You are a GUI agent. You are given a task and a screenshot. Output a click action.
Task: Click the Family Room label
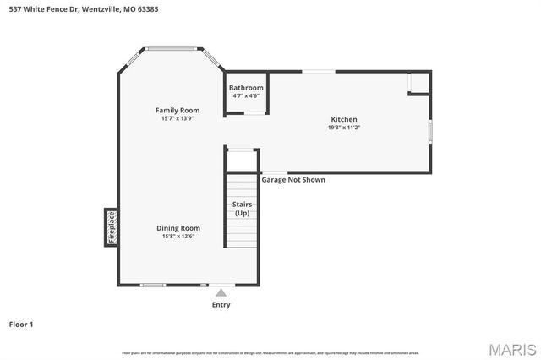tap(178, 110)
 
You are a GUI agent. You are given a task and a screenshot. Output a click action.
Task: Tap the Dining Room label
tap(178, 227)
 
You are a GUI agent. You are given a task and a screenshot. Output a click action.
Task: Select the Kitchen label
tap(343, 119)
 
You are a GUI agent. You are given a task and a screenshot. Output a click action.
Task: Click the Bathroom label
tap(246, 88)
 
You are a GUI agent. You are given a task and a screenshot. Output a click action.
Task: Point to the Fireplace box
tap(111, 227)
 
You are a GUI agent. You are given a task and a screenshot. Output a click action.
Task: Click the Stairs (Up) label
tap(242, 208)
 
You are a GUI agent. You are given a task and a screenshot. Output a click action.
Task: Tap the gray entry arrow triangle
tap(221, 293)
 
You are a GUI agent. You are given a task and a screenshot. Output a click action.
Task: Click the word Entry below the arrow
tap(221, 305)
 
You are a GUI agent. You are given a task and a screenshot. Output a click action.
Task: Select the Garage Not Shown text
tap(292, 179)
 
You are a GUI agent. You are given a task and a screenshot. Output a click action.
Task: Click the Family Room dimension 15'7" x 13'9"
tap(178, 118)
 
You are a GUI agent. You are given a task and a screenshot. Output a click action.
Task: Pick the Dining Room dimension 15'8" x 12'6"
tap(178, 236)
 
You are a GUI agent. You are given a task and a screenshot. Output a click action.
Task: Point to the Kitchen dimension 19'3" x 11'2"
tap(343, 128)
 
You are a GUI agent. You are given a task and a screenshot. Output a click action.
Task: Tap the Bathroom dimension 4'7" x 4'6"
tap(246, 96)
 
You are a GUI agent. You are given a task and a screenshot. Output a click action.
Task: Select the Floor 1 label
tap(21, 324)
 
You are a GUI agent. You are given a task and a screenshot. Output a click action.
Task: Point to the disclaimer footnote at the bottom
tap(270, 352)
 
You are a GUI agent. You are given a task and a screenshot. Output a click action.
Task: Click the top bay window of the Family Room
tap(173, 49)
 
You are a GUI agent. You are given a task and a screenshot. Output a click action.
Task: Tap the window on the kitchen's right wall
tap(430, 131)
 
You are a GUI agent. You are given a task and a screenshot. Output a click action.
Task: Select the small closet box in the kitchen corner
tap(418, 83)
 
